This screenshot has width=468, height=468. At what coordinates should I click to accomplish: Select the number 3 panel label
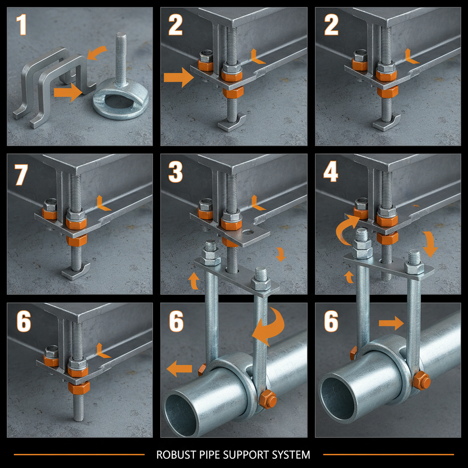[175, 172]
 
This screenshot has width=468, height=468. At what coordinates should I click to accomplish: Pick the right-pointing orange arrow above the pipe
[391, 324]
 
